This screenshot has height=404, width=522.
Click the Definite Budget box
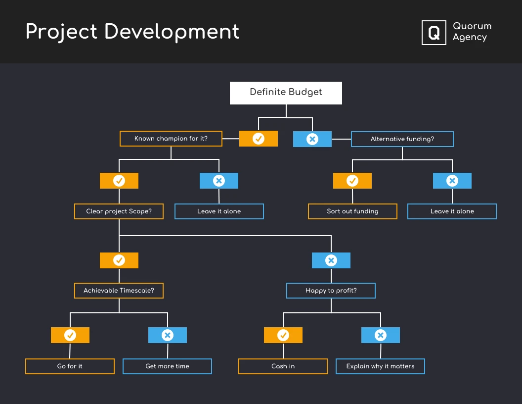tap(286, 93)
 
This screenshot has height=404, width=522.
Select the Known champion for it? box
tap(171, 139)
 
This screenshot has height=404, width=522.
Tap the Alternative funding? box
tap(402, 139)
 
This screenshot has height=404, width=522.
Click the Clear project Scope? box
tap(119, 211)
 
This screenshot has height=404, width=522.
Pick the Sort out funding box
tap(352, 211)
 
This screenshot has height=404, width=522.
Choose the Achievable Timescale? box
tap(119, 291)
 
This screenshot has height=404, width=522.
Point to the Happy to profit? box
tap(331, 291)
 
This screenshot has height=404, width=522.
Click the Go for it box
tap(70, 366)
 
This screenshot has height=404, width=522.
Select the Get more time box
tap(167, 366)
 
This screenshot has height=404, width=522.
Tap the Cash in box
tap(283, 366)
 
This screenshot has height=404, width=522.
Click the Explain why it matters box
tap(380, 366)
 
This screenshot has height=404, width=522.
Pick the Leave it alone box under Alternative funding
tap(452, 211)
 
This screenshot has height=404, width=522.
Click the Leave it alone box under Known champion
tap(219, 211)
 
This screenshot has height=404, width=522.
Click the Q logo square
tap(434, 33)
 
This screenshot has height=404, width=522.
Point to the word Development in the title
tap(172, 32)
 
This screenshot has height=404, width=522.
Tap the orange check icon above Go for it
tap(70, 335)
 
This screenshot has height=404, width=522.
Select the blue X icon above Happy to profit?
tap(331, 260)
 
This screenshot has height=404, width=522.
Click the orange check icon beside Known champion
tap(259, 139)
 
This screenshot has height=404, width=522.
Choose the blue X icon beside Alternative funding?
tap(312, 139)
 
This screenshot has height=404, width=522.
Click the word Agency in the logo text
tap(470, 38)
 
